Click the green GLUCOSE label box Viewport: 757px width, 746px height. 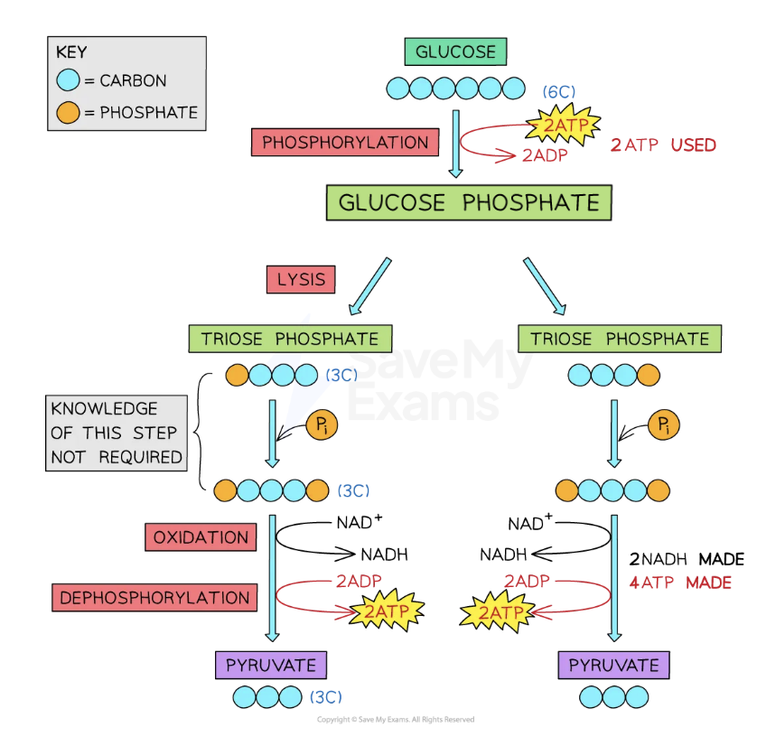click(x=456, y=51)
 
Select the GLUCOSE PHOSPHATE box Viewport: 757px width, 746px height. click(x=468, y=202)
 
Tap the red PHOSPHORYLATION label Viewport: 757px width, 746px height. click(x=345, y=143)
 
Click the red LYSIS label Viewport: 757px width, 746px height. click(x=301, y=279)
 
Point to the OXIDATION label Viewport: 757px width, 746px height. click(x=201, y=537)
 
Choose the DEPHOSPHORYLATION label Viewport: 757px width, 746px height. click(x=154, y=597)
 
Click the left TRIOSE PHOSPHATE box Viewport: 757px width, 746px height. click(x=290, y=339)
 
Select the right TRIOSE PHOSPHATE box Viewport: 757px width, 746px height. click(x=620, y=339)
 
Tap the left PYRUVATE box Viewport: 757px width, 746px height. click(x=270, y=666)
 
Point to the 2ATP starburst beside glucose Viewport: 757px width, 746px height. click(x=559, y=121)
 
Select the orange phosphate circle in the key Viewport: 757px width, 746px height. click(x=68, y=113)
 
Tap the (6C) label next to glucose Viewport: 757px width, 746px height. click(x=559, y=92)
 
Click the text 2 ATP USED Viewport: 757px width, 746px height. click(x=663, y=145)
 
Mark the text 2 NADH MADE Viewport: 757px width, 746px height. click(x=687, y=560)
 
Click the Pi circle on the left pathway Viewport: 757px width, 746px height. click(x=320, y=425)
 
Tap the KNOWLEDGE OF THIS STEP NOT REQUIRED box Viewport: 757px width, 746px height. click(x=117, y=433)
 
